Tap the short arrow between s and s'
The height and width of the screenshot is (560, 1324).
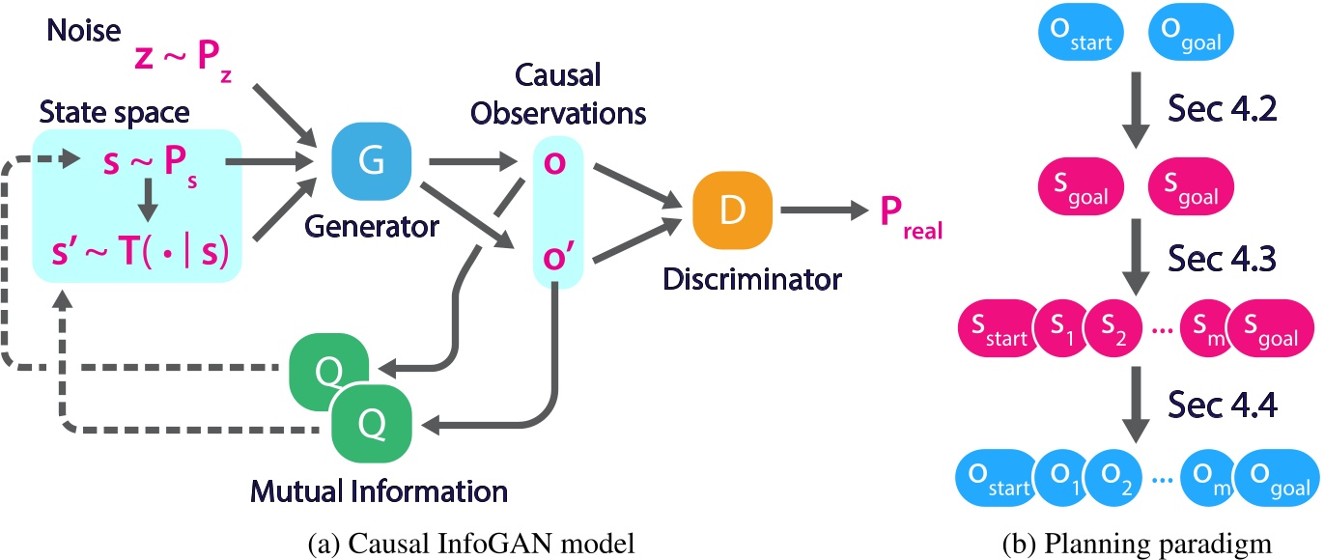pos(148,200)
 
